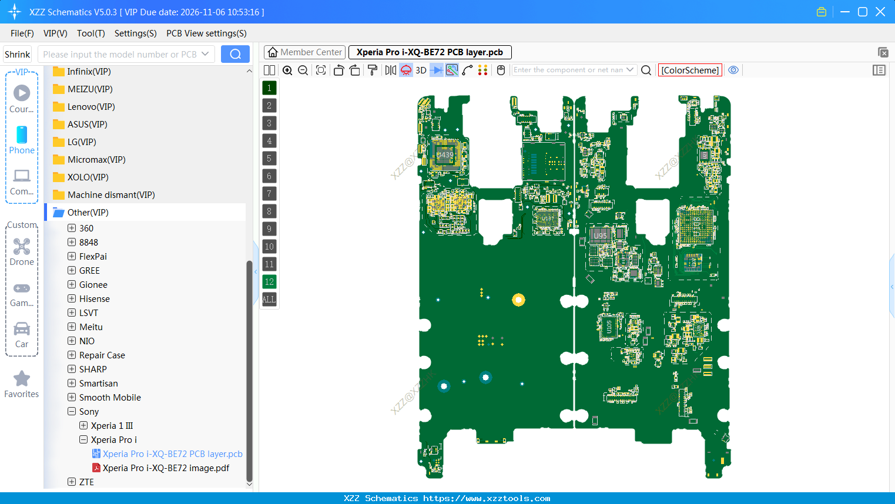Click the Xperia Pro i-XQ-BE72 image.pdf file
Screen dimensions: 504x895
[166, 468]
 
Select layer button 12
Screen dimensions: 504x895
[269, 282]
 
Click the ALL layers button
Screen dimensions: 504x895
[269, 300]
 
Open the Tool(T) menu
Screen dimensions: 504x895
[90, 33]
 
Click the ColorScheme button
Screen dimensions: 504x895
[690, 70]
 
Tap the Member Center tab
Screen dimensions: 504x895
[305, 52]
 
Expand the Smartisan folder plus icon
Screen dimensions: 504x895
[72, 384]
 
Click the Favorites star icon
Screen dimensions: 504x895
[22, 379]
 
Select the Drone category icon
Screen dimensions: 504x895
[22, 247]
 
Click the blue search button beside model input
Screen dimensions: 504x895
[235, 54]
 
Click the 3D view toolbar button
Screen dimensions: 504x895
[421, 70]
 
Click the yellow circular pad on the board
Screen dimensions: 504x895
[518, 300]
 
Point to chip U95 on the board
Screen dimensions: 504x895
[600, 236]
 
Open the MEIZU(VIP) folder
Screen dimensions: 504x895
[89, 89]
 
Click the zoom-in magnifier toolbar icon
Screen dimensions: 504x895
[287, 70]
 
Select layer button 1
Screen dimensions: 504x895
[269, 88]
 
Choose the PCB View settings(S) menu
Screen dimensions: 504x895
[206, 33]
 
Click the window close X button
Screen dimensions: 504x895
[880, 12]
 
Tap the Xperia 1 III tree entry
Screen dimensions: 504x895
[112, 426]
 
